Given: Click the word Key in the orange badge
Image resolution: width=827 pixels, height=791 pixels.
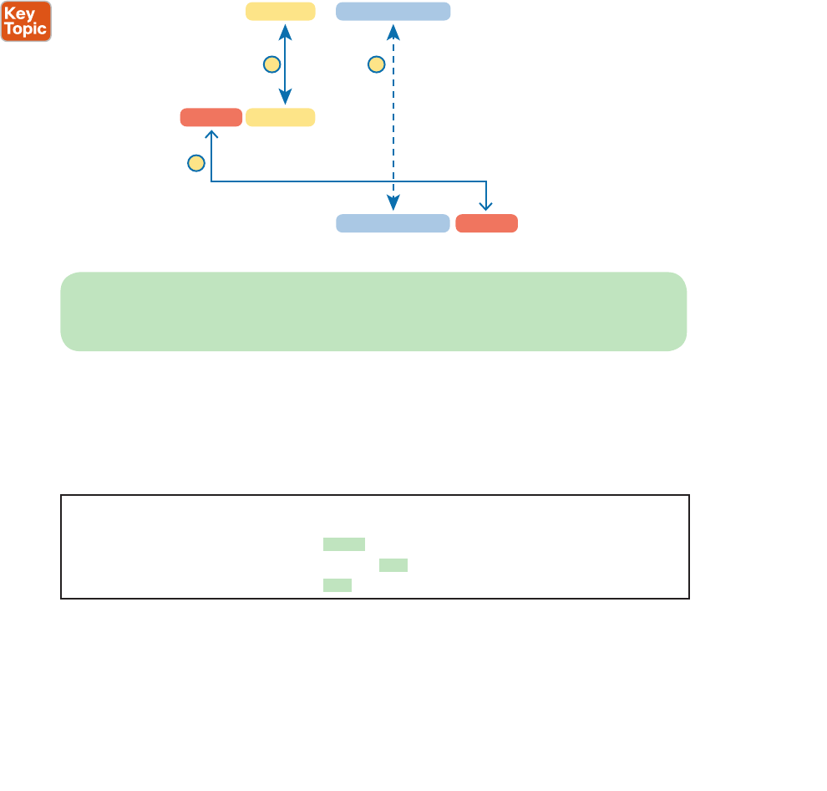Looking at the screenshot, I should click(19, 13).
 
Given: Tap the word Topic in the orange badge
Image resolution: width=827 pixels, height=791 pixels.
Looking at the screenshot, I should click(25, 28).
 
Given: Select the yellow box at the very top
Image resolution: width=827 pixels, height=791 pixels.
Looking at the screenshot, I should click(280, 11).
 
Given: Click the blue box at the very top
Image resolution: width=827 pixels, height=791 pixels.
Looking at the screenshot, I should click(393, 11).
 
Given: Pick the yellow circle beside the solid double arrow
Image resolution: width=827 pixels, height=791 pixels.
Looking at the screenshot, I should click(270, 64).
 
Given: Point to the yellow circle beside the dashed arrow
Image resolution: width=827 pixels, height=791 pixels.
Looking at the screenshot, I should click(376, 64).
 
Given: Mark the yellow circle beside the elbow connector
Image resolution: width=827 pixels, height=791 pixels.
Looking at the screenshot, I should click(195, 163).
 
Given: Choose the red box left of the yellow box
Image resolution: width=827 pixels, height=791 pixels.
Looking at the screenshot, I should click(211, 117).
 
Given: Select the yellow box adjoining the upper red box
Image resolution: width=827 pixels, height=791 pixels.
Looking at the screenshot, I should click(280, 117).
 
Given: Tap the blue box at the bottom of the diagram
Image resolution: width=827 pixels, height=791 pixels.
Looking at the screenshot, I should click(393, 223).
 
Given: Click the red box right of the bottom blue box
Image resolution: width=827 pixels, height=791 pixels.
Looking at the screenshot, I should click(486, 223).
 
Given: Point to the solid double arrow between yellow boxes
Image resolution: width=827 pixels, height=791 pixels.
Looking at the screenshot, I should click(286, 64).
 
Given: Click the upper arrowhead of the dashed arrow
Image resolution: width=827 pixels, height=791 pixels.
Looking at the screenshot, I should click(393, 30).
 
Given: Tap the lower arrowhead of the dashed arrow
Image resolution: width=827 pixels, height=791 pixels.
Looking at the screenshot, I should click(393, 204).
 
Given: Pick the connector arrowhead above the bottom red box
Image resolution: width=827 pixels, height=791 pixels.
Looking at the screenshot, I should click(486, 207).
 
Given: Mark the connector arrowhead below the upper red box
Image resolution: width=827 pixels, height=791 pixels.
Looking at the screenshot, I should click(211, 134).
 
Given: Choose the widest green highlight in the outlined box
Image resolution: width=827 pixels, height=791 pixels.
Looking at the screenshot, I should click(344, 544).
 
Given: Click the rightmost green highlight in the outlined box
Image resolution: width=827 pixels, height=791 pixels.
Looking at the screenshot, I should click(393, 565).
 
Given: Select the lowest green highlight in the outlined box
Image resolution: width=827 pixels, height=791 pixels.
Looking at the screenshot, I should click(337, 585).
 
